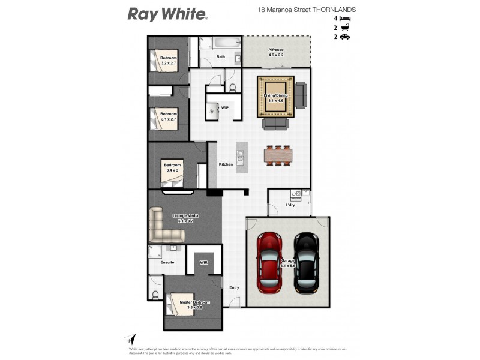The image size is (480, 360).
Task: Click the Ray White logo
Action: (x=167, y=14)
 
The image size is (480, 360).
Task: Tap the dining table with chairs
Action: (x=277, y=155)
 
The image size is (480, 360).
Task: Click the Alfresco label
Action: (x=276, y=50)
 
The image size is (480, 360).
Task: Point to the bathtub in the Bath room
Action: (x=220, y=44)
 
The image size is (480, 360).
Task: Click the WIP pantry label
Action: (x=225, y=108)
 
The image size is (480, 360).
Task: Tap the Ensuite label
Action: (x=167, y=262)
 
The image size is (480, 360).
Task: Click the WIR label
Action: (x=204, y=262)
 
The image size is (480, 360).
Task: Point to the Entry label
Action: (x=234, y=287)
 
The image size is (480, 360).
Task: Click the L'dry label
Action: (x=290, y=205)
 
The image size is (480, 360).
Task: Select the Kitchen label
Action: (x=226, y=164)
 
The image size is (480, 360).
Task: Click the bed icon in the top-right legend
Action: (x=345, y=19)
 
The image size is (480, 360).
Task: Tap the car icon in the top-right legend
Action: (x=345, y=37)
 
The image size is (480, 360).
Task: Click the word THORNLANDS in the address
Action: (x=334, y=10)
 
